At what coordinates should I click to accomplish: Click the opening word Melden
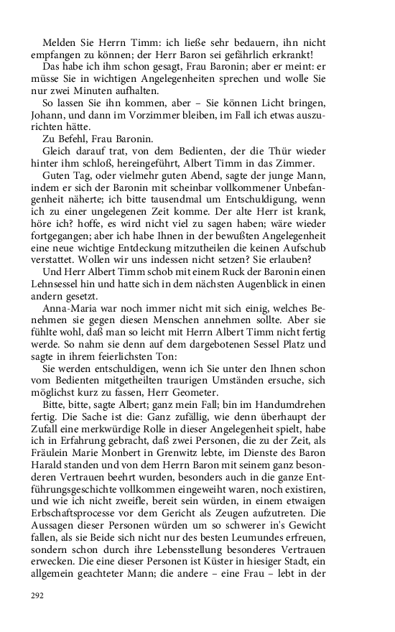click(59, 43)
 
